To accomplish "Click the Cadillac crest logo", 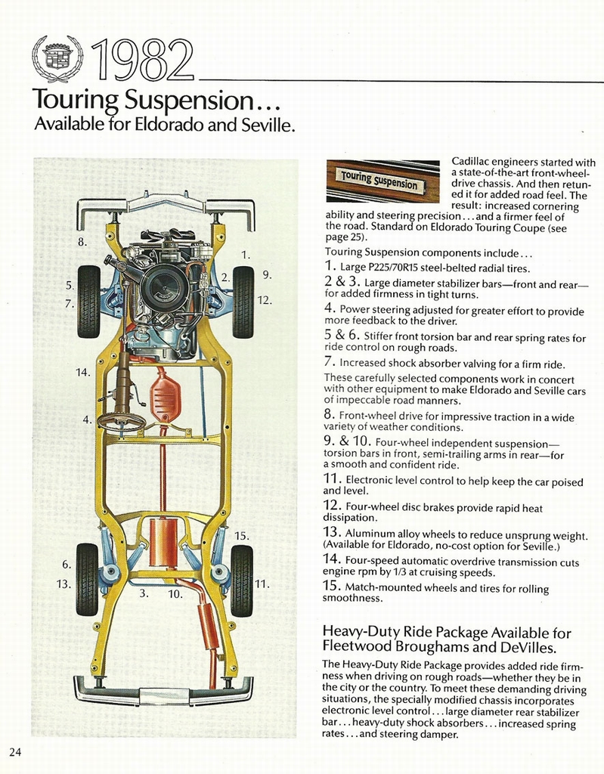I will point(57,57).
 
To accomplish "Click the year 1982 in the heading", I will point(142,60).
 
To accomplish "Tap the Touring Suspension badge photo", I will point(382,181).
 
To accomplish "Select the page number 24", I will point(16,751).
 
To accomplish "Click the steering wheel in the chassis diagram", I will point(121,421).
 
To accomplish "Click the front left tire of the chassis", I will point(88,301).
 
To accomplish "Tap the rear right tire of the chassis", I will point(241,580).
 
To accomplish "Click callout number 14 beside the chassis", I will point(82,372).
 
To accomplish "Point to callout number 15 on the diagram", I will point(241,535).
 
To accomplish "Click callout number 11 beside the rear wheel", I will point(262,584).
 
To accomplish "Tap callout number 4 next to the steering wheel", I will point(86,420).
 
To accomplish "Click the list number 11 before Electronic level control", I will point(333,479).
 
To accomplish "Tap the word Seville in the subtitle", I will point(265,124).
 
